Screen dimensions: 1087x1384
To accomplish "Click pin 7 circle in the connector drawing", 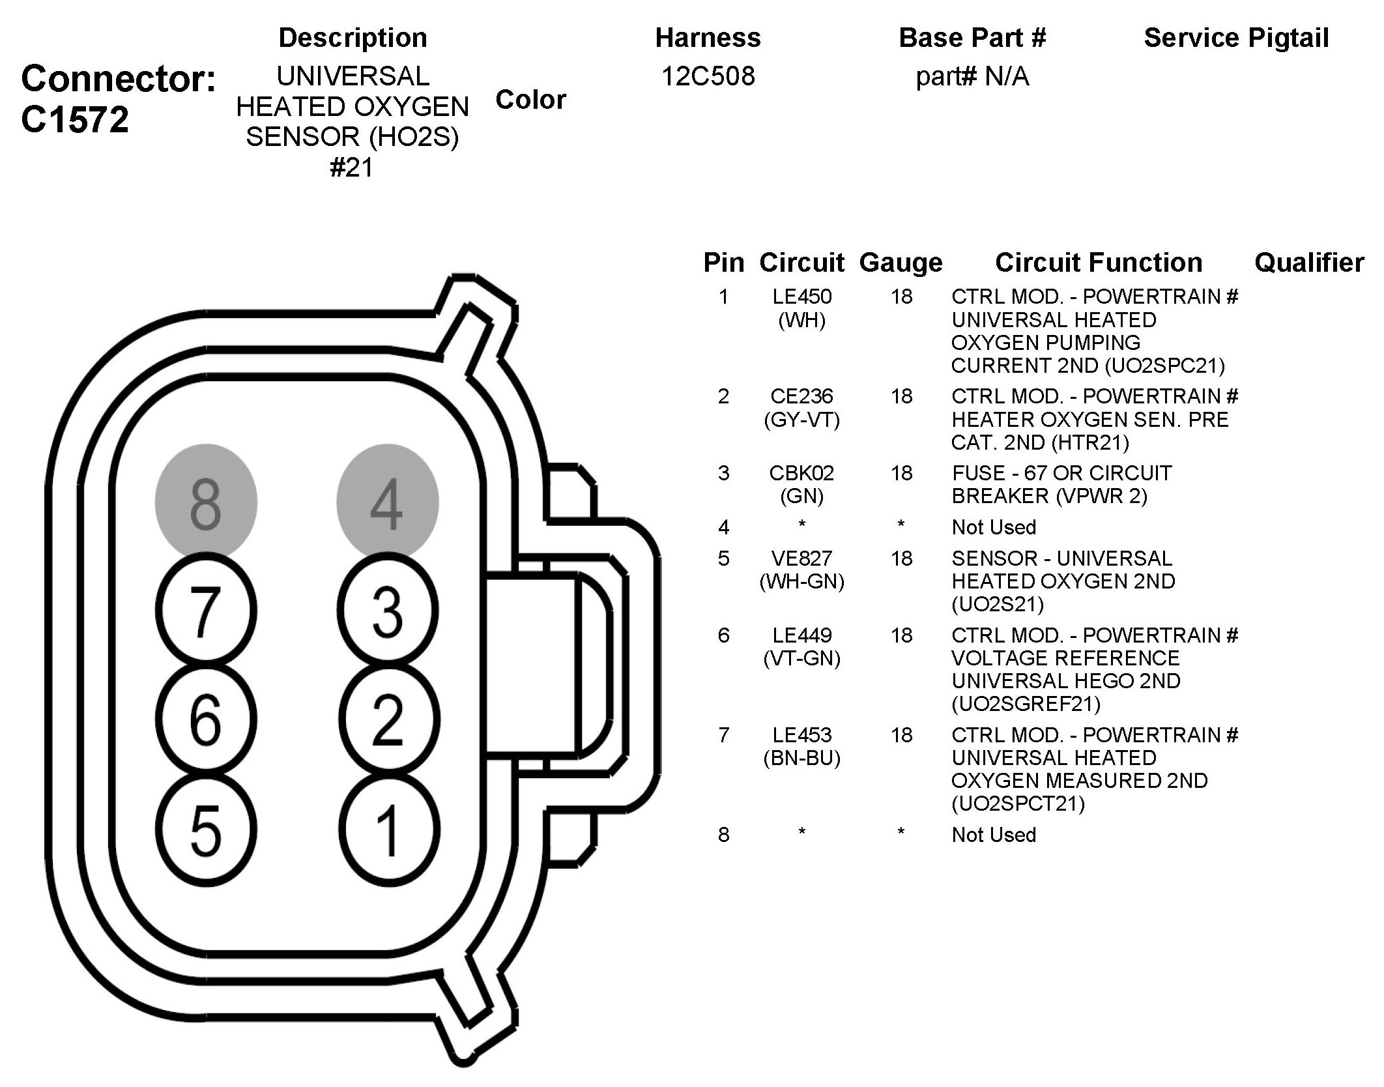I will [205, 611].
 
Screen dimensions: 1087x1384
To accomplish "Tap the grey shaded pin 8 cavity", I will [205, 502].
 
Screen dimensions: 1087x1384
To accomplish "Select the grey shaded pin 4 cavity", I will [387, 502].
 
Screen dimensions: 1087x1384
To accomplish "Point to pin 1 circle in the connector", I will [388, 830].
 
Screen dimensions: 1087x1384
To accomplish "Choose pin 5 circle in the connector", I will [206, 830].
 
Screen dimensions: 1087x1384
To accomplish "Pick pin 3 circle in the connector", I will [388, 611].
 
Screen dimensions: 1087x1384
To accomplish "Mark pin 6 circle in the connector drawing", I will [205, 720].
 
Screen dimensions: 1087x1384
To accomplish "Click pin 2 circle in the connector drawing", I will [388, 720].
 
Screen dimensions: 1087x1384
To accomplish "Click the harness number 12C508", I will [708, 77].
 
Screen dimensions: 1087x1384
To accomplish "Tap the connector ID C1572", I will [75, 120].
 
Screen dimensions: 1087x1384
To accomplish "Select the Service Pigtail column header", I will [1236, 38].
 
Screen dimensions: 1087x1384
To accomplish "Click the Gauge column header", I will [901, 263].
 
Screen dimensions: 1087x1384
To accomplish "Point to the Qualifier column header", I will [1308, 263].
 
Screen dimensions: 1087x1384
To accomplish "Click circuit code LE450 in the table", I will [801, 297].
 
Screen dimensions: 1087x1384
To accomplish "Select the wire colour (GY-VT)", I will [801, 420].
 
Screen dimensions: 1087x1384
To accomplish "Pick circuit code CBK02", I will [801, 472].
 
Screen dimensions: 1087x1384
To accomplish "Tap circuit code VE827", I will [801, 558].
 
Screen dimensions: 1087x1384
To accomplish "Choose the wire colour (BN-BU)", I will [801, 758].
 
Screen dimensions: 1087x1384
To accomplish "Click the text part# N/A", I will [972, 77].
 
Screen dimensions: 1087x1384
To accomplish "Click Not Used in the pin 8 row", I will [993, 835].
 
